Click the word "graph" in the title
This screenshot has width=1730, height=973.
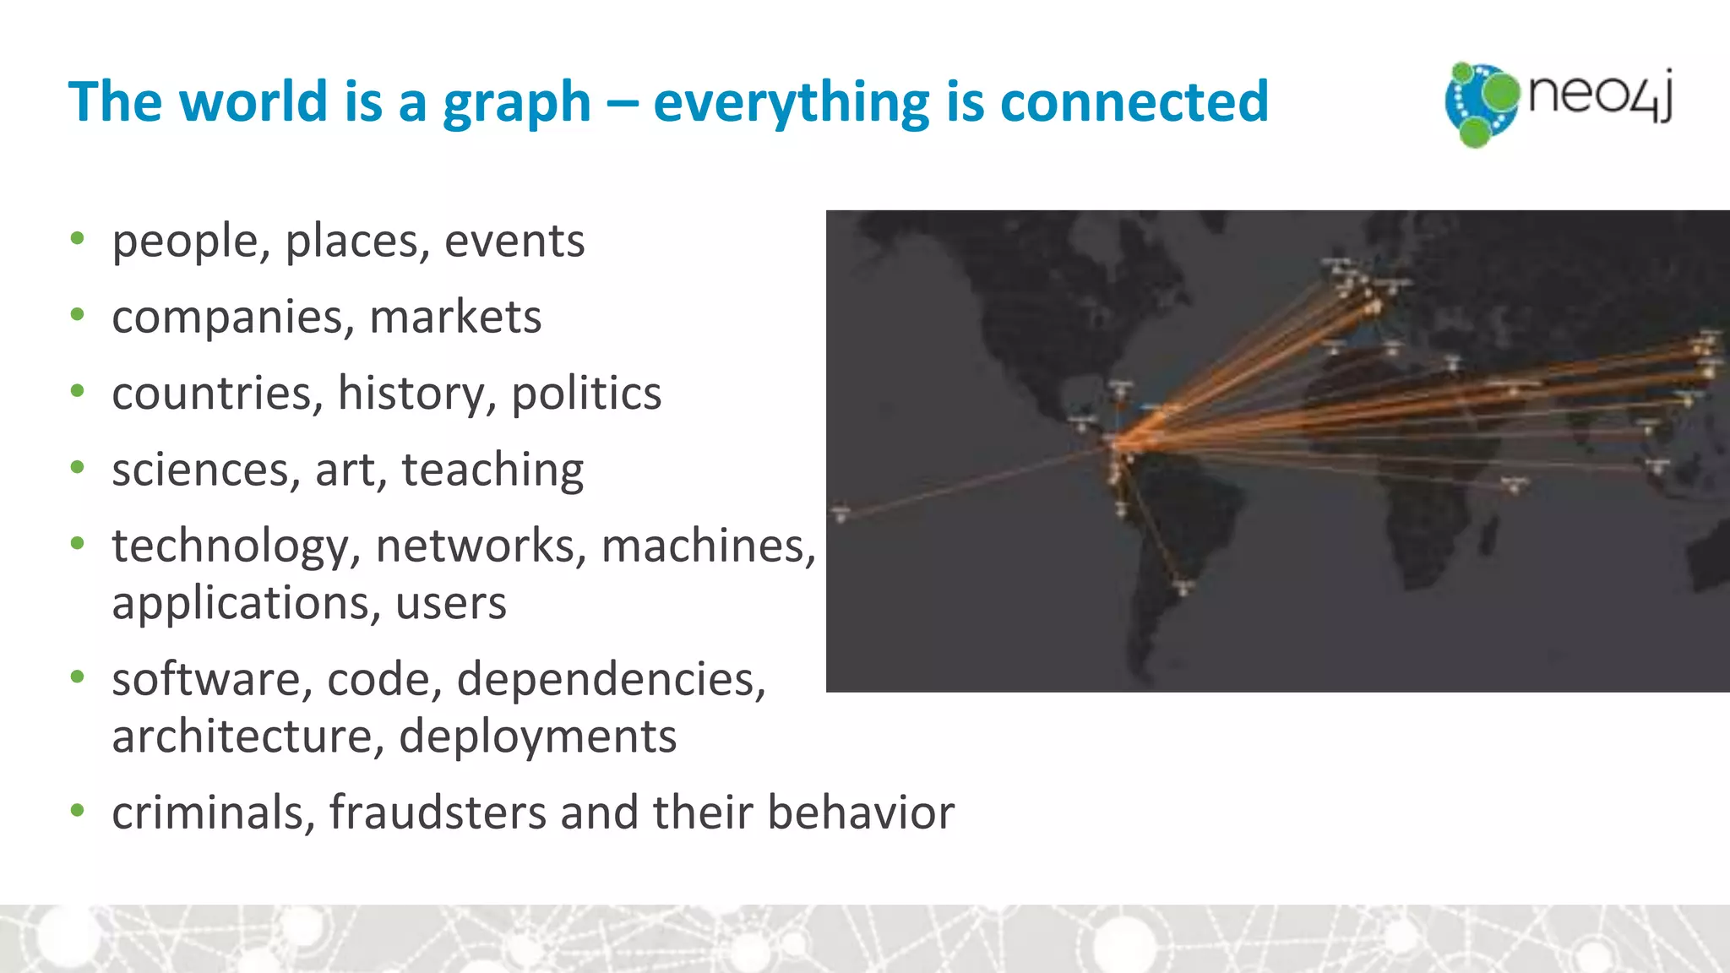pyautogui.click(x=516, y=103)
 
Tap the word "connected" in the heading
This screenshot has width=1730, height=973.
pyautogui.click(x=1134, y=101)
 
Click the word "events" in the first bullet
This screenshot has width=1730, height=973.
pyautogui.click(x=514, y=241)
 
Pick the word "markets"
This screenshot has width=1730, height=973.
pyautogui.click(x=455, y=318)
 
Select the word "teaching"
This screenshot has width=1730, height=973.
pyautogui.click(x=492, y=470)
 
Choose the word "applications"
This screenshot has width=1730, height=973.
pyautogui.click(x=246, y=603)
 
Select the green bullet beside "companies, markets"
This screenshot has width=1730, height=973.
pyautogui.click(x=78, y=316)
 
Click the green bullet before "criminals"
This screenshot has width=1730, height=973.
pyautogui.click(x=78, y=811)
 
